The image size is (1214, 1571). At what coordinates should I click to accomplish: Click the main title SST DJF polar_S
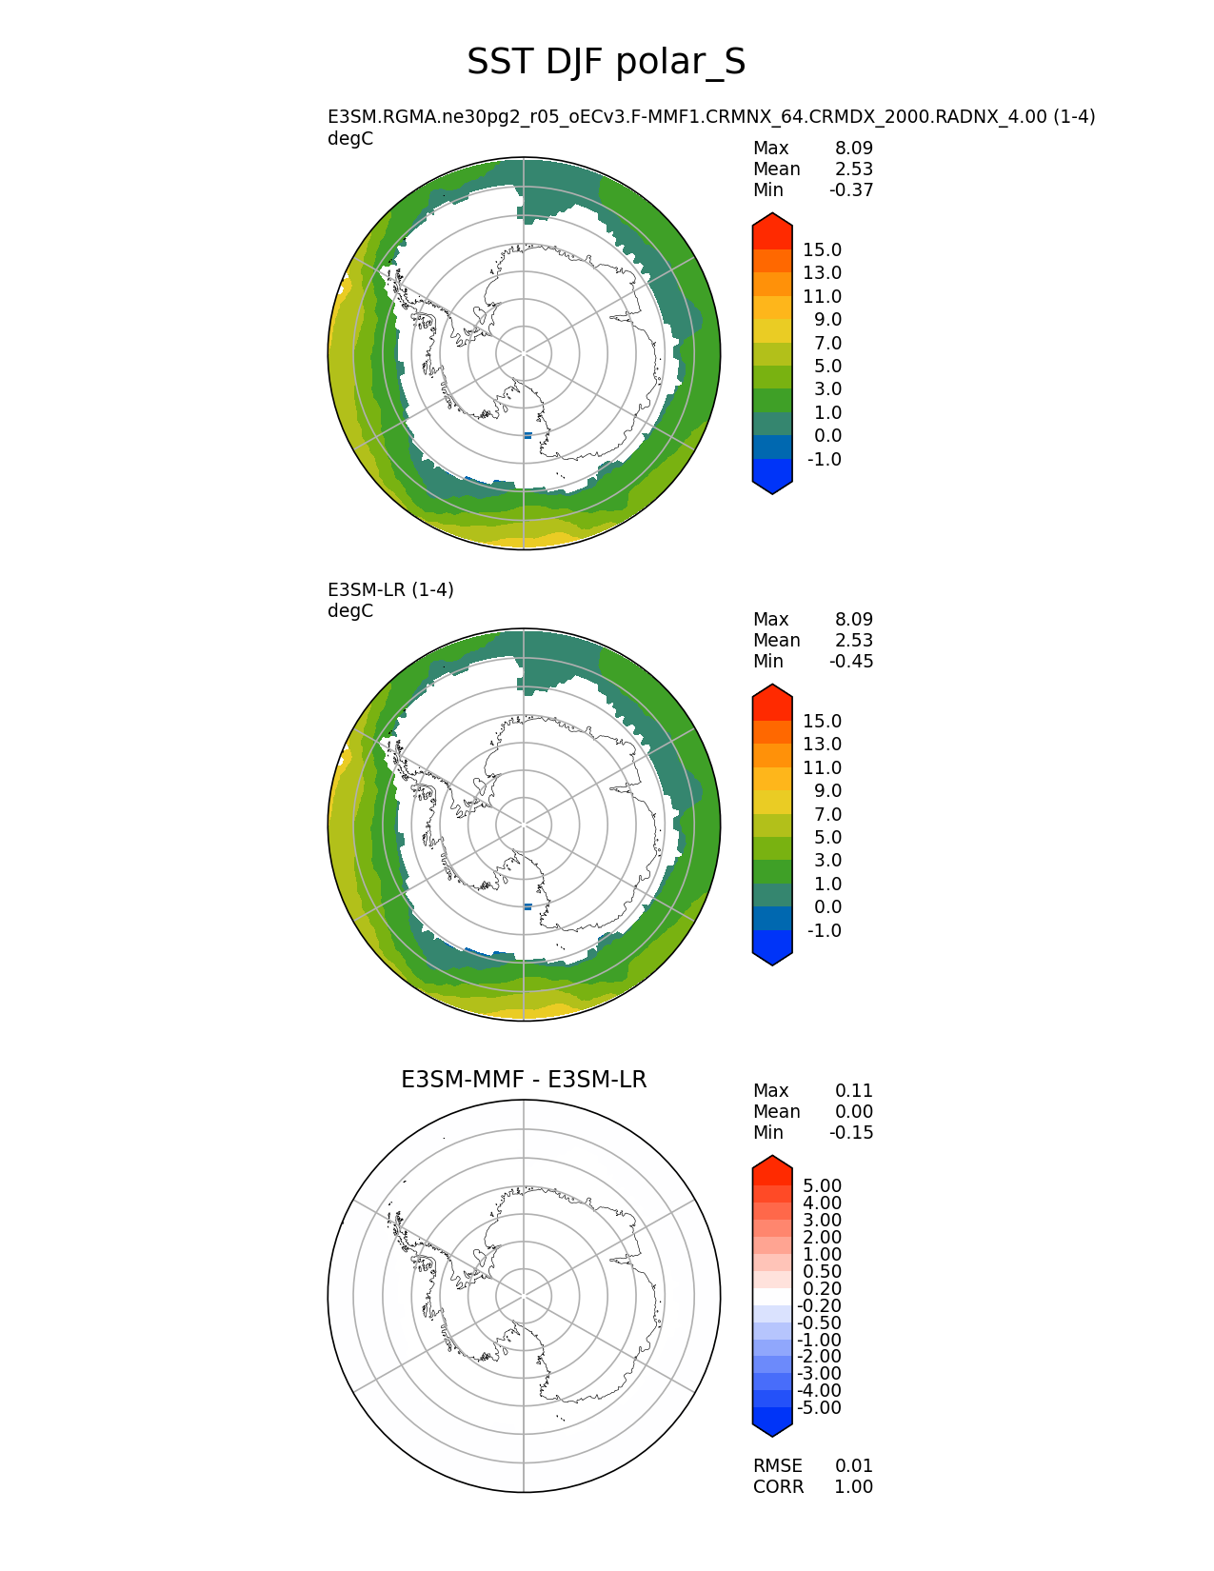pyautogui.click(x=606, y=63)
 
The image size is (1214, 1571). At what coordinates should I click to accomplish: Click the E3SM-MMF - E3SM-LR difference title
pyautogui.click(x=524, y=1080)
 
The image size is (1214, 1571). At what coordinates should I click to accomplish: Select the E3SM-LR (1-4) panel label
pyautogui.click(x=390, y=589)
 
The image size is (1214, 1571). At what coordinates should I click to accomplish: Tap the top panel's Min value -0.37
pyautogui.click(x=851, y=190)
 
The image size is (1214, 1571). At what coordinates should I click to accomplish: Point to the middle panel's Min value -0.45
pyautogui.click(x=851, y=662)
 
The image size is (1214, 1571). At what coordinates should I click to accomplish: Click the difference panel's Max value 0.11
pyautogui.click(x=854, y=1091)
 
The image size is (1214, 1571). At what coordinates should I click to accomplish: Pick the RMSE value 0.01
pyautogui.click(x=854, y=1466)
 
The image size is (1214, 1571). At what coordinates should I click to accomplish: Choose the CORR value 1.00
pyautogui.click(x=854, y=1487)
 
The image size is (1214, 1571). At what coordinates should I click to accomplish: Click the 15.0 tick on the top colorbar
pyautogui.click(x=823, y=250)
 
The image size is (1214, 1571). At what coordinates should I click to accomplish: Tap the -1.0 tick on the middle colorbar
pyautogui.click(x=825, y=931)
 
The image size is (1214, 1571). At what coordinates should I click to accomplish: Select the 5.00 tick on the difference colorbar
pyautogui.click(x=823, y=1186)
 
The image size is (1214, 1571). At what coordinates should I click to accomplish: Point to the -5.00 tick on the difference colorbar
pyautogui.click(x=820, y=1408)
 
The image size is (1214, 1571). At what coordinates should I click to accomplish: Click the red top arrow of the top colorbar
pyautogui.click(x=772, y=229)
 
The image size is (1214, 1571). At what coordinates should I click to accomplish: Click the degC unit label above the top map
pyautogui.click(x=350, y=139)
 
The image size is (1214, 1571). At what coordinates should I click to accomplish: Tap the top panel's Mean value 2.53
pyautogui.click(x=854, y=169)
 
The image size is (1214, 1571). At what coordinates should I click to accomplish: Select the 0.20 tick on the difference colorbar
pyautogui.click(x=823, y=1289)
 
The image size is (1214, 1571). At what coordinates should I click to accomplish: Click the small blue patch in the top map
pyautogui.click(x=527, y=435)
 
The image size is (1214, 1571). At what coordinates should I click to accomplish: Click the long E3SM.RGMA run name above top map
pyautogui.click(x=711, y=117)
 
